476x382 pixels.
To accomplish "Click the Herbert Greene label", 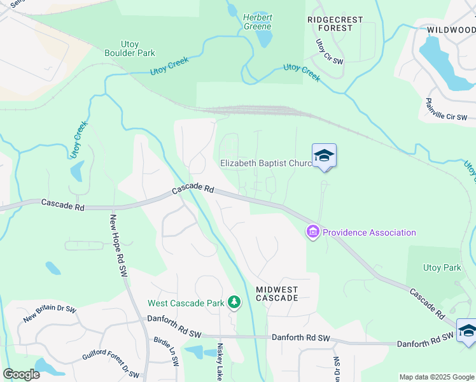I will click(257, 22).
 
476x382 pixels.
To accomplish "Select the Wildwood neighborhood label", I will click(451, 30).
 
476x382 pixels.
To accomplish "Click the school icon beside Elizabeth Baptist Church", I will click(324, 155).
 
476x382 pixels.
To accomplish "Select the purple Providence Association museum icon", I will click(313, 232).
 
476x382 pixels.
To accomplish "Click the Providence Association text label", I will click(369, 232).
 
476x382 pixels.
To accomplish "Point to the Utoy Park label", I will click(442, 268).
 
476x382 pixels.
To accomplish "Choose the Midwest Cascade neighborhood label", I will click(277, 294).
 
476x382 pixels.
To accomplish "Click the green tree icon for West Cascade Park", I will click(234, 302).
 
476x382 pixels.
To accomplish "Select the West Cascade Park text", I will click(186, 303).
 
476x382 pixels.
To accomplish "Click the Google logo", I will click(22, 374).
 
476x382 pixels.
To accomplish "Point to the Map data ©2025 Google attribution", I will click(437, 377).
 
